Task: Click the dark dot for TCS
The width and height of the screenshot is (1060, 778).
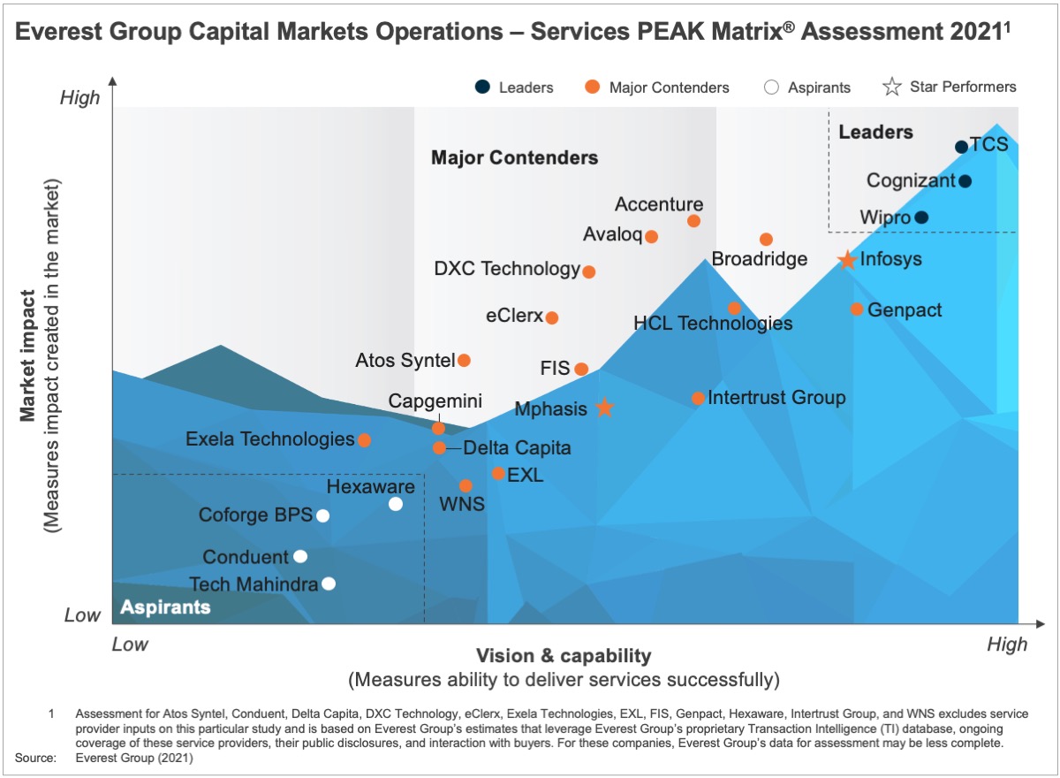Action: tap(961, 147)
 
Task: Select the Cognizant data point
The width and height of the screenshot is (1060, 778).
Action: tap(965, 181)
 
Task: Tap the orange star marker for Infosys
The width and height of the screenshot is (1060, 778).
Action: tap(847, 260)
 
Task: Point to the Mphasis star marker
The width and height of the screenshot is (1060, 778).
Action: tap(604, 408)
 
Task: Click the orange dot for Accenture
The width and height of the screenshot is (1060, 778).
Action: tap(694, 221)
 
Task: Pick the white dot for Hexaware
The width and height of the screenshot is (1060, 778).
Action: tap(396, 504)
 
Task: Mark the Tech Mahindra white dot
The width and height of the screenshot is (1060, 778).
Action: tap(329, 583)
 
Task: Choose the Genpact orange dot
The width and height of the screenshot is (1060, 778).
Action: tap(857, 309)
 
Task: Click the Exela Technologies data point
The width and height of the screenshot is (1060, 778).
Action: tap(364, 440)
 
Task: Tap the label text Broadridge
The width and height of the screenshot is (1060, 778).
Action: tap(759, 259)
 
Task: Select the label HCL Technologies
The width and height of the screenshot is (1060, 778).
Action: tap(713, 324)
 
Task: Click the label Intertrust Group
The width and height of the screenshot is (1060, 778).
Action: tap(776, 398)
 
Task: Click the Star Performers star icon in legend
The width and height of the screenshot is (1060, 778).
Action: tap(892, 87)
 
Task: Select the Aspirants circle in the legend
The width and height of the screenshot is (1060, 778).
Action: tap(771, 88)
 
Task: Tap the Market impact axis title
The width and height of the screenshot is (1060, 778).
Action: tap(29, 357)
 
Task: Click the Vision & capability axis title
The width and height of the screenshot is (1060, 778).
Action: tap(564, 656)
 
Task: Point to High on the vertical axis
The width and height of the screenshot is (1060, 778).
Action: tap(79, 98)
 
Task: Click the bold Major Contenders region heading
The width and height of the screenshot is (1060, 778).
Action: tap(514, 158)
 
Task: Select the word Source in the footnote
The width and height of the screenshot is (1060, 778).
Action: tap(35, 758)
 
